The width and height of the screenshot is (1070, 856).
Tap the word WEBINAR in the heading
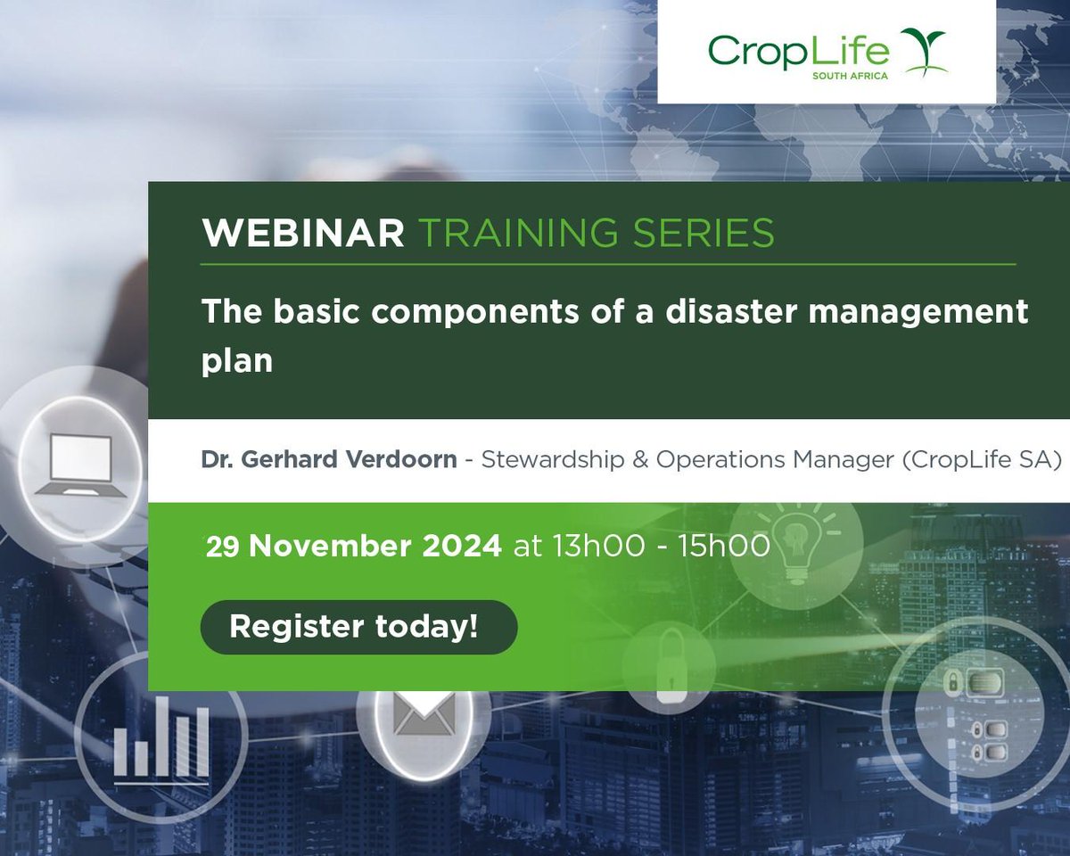pos(303,234)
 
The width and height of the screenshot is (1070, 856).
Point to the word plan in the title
pos(236,362)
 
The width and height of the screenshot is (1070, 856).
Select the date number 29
pos(224,547)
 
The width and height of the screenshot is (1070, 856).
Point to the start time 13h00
pos(597,546)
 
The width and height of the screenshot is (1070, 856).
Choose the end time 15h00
pos(723,546)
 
